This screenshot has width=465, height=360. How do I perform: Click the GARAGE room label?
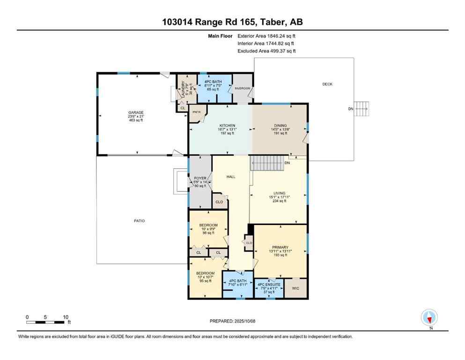(136, 113)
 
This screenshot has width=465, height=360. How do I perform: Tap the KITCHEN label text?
(227, 126)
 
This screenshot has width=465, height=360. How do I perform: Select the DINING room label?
(280, 126)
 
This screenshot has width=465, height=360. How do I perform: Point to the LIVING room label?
(280, 193)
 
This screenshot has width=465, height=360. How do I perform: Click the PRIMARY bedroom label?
(280, 247)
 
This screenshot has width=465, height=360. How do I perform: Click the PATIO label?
(139, 220)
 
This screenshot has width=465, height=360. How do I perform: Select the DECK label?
(327, 84)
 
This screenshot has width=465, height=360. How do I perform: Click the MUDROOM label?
(242, 89)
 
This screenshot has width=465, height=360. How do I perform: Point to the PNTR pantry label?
(197, 112)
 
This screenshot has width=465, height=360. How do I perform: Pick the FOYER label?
(200, 179)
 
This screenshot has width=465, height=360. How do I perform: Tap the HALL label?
(231, 177)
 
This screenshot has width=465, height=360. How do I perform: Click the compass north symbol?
(429, 318)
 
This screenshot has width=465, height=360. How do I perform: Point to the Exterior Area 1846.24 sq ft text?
(266, 35)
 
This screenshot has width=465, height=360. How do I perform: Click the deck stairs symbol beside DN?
(362, 109)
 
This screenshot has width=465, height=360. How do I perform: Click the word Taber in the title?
(270, 22)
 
